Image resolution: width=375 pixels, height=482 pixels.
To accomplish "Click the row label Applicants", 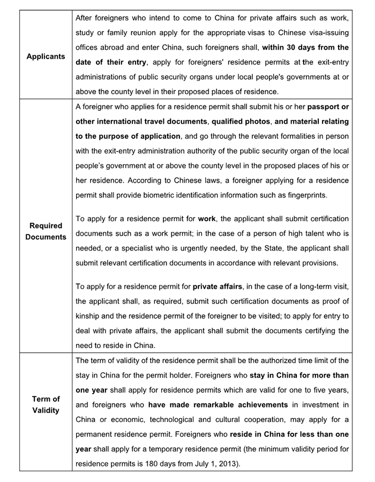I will [46, 56].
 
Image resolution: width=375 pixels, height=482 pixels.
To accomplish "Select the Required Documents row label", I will [46, 231].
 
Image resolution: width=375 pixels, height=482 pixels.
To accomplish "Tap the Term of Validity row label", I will [46, 404].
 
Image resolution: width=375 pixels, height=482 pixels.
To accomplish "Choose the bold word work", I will [206, 219].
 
